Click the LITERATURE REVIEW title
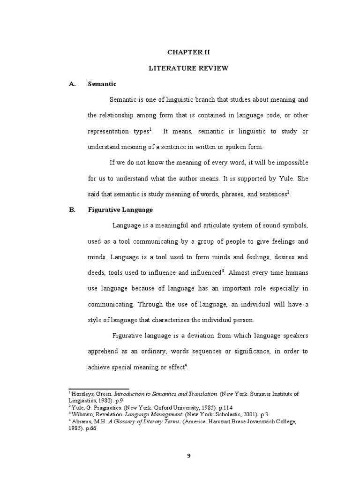click(188, 68)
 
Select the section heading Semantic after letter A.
click(102, 84)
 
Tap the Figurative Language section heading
click(120, 210)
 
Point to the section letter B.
click(72, 210)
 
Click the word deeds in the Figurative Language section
click(97, 272)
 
